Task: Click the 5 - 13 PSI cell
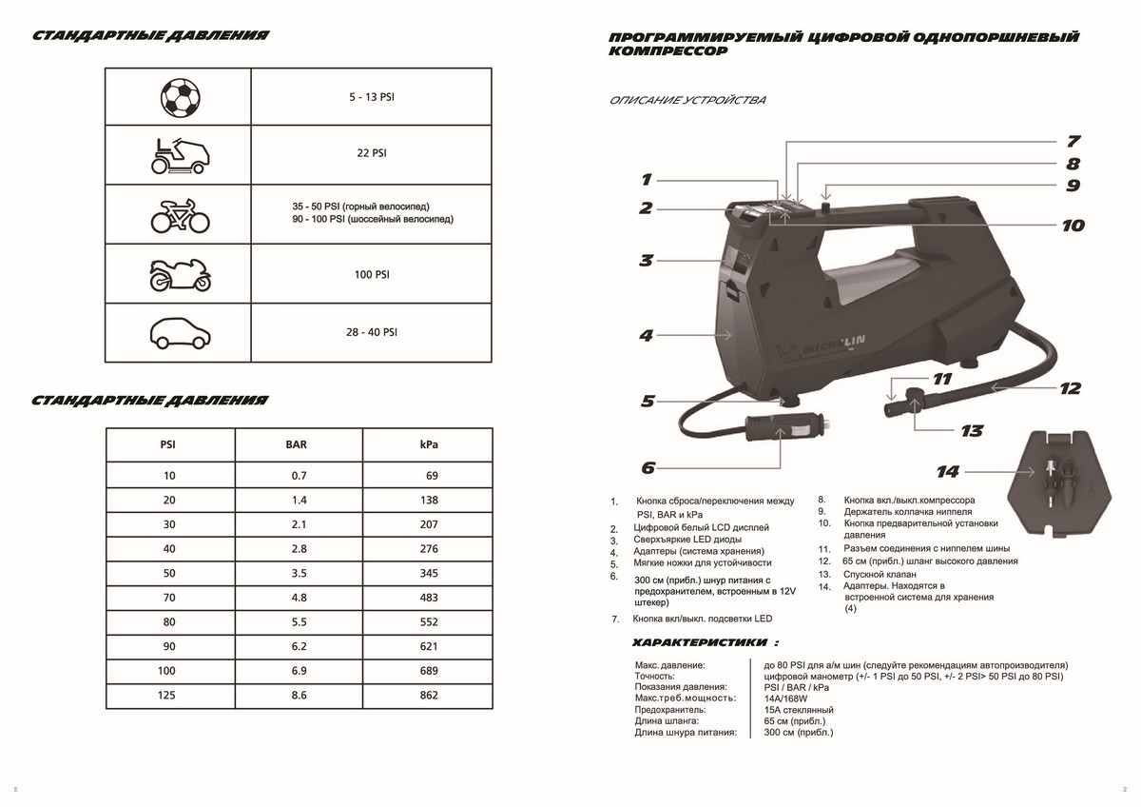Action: pyautogui.click(x=372, y=98)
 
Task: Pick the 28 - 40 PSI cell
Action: pyautogui.click(x=372, y=332)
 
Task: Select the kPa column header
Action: pyautogui.click(x=428, y=444)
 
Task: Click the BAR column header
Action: pyautogui.click(x=297, y=444)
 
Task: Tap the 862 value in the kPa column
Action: pyautogui.click(x=429, y=696)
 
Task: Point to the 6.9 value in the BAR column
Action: pyautogui.click(x=297, y=671)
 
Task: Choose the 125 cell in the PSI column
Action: pyautogui.click(x=169, y=696)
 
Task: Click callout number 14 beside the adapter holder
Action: pyautogui.click(x=948, y=470)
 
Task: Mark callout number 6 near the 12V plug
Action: pyautogui.click(x=648, y=467)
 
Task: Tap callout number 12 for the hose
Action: pyautogui.click(x=1070, y=388)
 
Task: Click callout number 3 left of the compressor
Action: pyautogui.click(x=646, y=260)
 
